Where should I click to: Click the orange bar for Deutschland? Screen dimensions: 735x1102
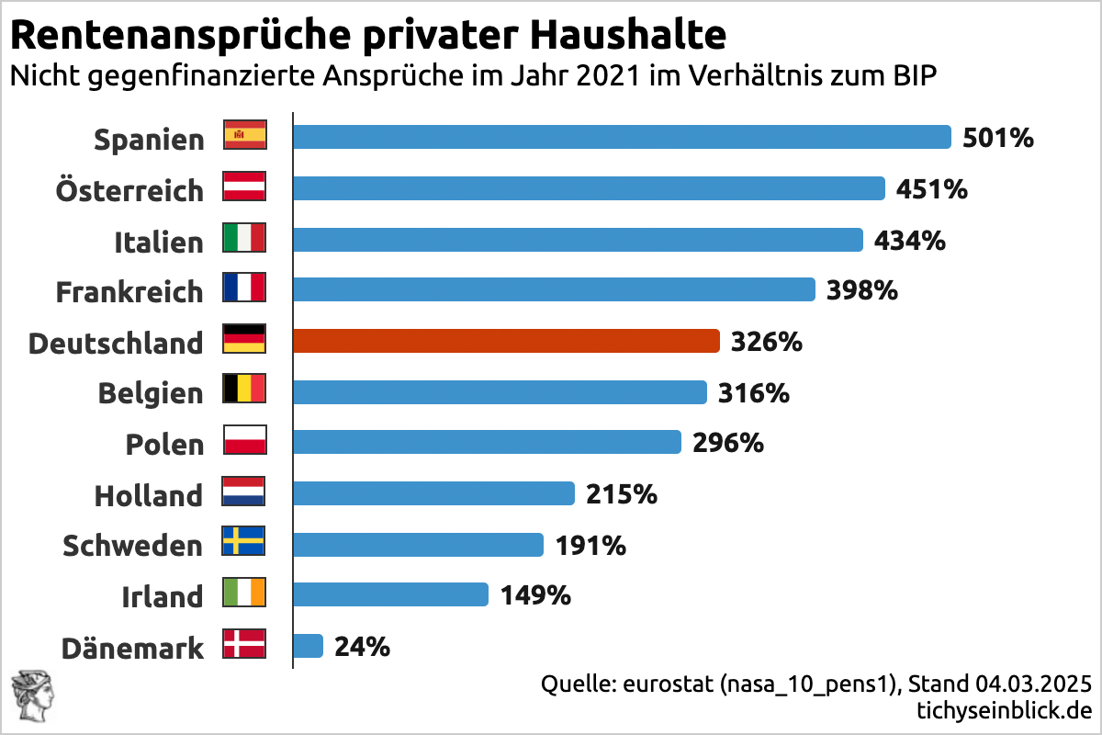505,341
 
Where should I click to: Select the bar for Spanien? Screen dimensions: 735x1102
622,137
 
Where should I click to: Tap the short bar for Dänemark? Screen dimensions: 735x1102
308,646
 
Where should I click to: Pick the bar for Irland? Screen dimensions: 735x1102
390,594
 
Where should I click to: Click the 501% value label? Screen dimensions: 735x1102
998,139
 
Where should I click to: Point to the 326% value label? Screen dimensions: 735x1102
767,343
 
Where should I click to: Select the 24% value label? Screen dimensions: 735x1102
363,647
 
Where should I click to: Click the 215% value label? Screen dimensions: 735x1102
622,494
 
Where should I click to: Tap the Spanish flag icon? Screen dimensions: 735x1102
244,136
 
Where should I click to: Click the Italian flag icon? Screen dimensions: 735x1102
244,238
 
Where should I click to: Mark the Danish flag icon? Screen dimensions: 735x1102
244,644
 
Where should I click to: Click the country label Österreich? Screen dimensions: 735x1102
129,191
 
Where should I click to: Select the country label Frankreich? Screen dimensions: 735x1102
129,292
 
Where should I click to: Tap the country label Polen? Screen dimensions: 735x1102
164,445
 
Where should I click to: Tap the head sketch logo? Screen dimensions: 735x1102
31,699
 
